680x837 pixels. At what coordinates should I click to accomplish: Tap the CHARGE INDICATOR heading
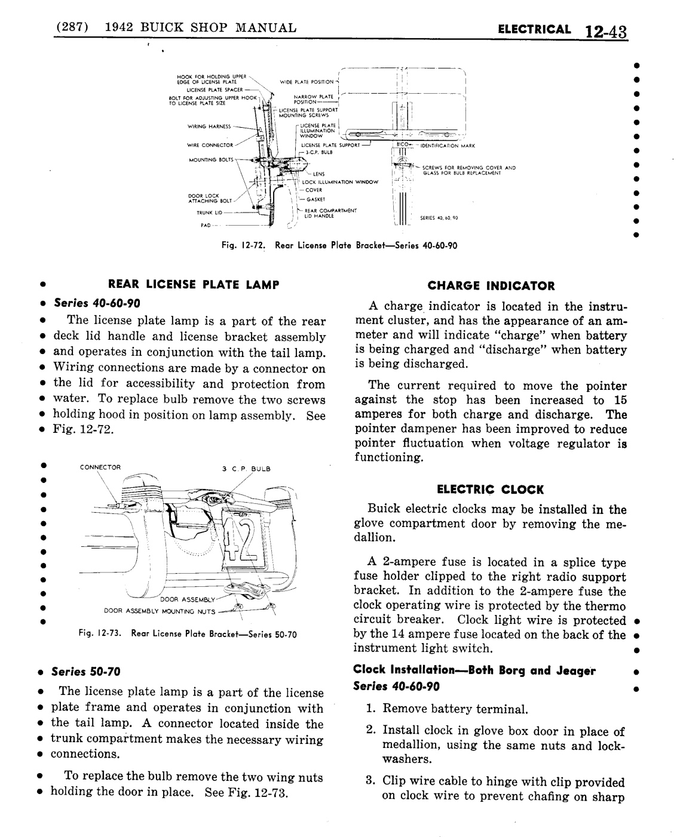click(491, 286)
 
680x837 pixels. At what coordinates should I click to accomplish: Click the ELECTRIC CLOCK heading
click(491, 490)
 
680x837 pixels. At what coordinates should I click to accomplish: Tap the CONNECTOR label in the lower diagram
click(100, 467)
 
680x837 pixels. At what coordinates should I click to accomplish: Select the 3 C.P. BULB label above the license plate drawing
click(246, 469)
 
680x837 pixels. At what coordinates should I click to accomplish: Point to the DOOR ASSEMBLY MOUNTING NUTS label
click(160, 611)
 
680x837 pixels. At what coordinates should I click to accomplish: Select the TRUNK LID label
click(208, 212)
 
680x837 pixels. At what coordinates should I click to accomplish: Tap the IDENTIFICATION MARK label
click(448, 145)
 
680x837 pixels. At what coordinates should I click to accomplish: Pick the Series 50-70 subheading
click(86, 672)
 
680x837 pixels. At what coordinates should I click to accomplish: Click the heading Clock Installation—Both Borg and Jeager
click(474, 670)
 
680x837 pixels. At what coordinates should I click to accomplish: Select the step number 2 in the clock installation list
click(370, 731)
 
